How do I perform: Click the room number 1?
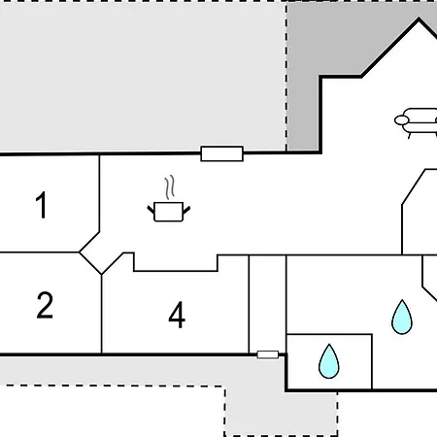coord(42,205)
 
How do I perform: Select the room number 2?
coord(45,305)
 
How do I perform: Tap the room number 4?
coord(177,315)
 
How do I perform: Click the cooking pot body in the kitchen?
coord(169,212)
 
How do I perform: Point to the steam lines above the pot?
coord(170,187)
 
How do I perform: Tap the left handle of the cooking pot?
coord(151,209)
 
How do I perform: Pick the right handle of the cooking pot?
coord(186,210)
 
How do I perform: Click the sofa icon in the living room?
coord(416,123)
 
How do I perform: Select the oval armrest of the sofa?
coord(401,120)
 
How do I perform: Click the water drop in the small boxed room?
coord(329,362)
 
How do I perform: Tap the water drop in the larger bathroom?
coord(402,318)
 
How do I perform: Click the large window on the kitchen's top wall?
coord(222,153)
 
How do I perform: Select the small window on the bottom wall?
coord(268,354)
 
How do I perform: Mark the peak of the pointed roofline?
coord(419,18)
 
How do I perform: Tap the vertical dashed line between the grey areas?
coord(286,77)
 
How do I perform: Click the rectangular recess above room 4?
coord(175,262)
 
